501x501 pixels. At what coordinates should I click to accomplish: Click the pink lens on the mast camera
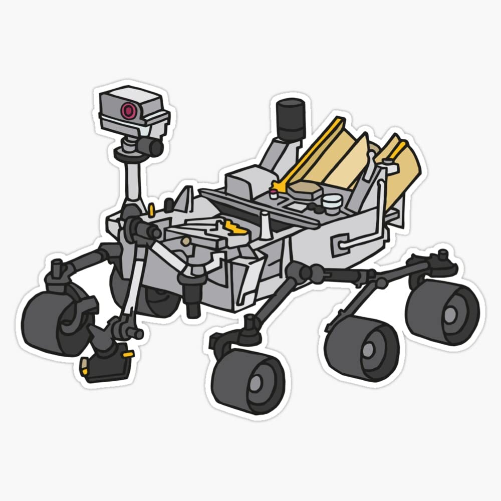pyautogui.click(x=130, y=109)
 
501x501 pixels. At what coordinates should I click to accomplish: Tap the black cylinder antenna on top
pyautogui.click(x=291, y=119)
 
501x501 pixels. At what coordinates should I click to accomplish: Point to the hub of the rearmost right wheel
pyautogui.click(x=450, y=314)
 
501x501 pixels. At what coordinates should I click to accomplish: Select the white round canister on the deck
pyautogui.click(x=331, y=202)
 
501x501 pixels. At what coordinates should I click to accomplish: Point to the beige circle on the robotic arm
pyautogui.click(x=186, y=241)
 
